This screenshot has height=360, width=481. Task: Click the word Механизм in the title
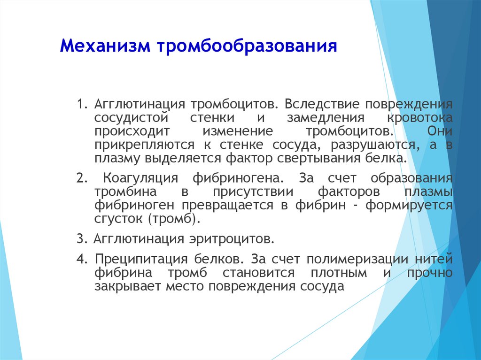[105, 46]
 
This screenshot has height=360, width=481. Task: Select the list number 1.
[82, 104]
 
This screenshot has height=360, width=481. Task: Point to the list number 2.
[82, 178]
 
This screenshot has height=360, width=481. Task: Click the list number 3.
[82, 238]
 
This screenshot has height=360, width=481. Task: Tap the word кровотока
[420, 118]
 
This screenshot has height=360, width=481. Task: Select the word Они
[440, 131]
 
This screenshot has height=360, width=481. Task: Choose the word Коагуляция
[140, 178]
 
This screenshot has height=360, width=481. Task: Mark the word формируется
[409, 206]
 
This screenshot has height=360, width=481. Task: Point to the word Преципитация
[141, 260]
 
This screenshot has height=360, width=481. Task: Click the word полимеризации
[357, 260]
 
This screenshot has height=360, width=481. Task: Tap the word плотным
[339, 273]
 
